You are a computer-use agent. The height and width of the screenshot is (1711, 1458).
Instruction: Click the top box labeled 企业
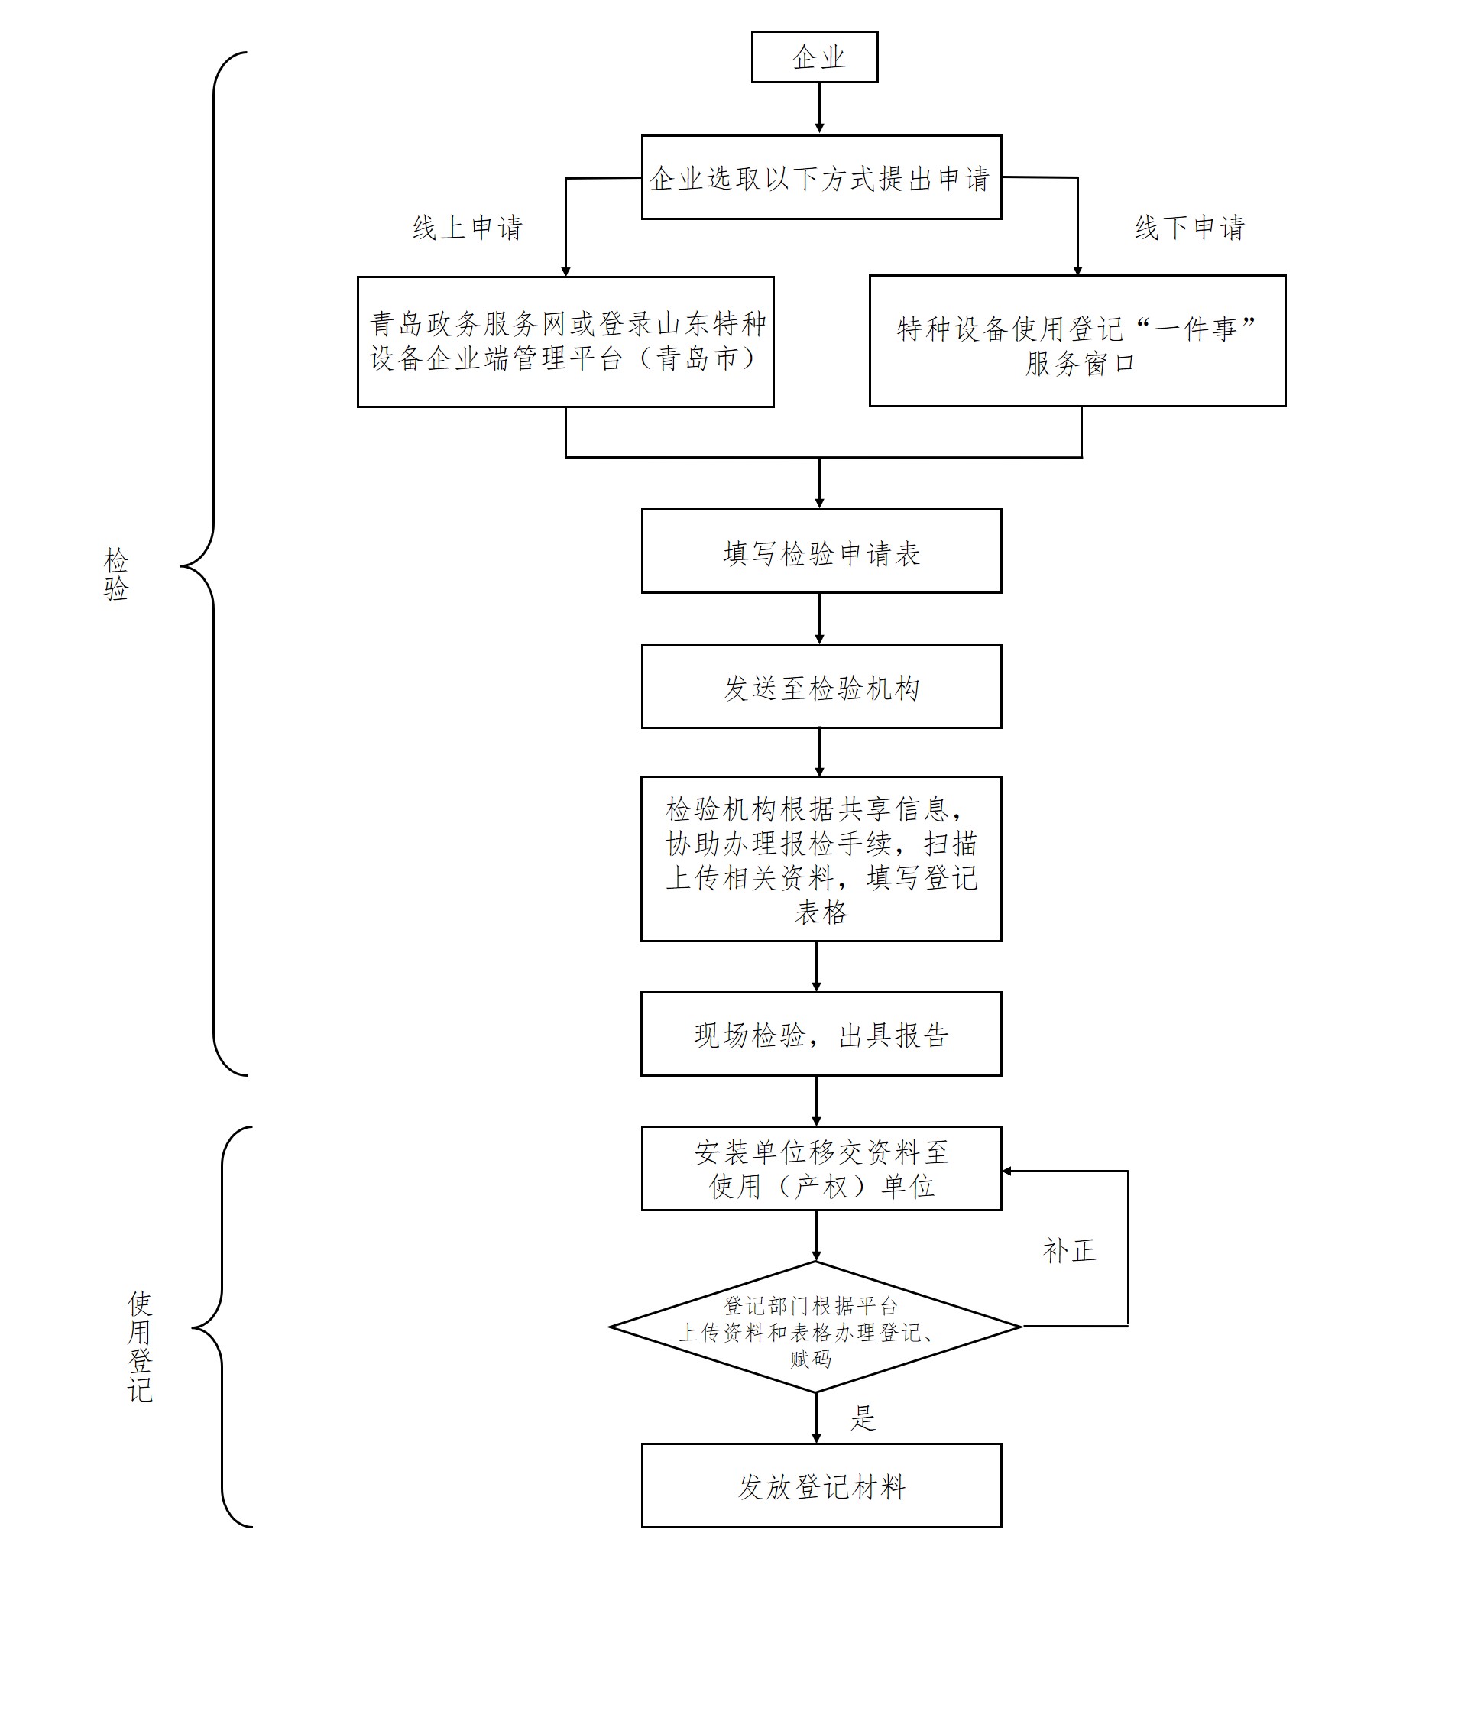[x=814, y=57]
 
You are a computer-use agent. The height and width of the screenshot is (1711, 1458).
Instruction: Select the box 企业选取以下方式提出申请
[x=821, y=177]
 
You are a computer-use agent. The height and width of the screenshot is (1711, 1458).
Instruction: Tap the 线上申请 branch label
[x=468, y=228]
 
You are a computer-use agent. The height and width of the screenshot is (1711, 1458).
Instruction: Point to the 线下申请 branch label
[x=1189, y=228]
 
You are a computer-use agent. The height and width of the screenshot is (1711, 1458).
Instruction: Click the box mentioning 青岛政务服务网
[x=565, y=341]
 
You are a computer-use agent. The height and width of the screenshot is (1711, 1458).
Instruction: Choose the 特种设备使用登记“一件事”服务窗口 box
[x=1077, y=341]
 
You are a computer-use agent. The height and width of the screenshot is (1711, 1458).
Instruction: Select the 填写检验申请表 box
[x=821, y=552]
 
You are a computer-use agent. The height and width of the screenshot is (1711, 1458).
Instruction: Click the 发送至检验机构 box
[x=821, y=687]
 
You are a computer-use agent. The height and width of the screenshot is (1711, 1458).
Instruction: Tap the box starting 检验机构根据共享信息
[x=821, y=859]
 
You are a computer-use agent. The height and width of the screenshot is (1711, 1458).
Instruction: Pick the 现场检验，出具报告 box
[x=821, y=1034]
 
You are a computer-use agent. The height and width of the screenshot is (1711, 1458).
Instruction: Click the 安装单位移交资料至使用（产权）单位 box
[x=821, y=1168]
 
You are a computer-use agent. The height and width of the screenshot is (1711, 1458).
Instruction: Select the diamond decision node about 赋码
[x=815, y=1327]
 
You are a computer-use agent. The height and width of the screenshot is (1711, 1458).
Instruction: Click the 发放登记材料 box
[x=821, y=1486]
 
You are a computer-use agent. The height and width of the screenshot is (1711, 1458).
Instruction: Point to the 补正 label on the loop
[x=1069, y=1250]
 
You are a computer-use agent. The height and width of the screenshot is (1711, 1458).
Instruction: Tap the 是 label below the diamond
[x=863, y=1418]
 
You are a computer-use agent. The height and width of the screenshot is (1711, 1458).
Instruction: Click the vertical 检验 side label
[x=116, y=574]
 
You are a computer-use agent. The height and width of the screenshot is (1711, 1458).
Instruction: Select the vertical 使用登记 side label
[x=140, y=1346]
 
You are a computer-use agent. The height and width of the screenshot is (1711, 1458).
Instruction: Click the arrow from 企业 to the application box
[x=819, y=107]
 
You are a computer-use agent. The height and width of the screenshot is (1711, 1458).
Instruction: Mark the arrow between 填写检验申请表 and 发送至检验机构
[x=819, y=617]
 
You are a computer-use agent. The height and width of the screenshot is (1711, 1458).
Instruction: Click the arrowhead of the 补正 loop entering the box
[x=1007, y=1171]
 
